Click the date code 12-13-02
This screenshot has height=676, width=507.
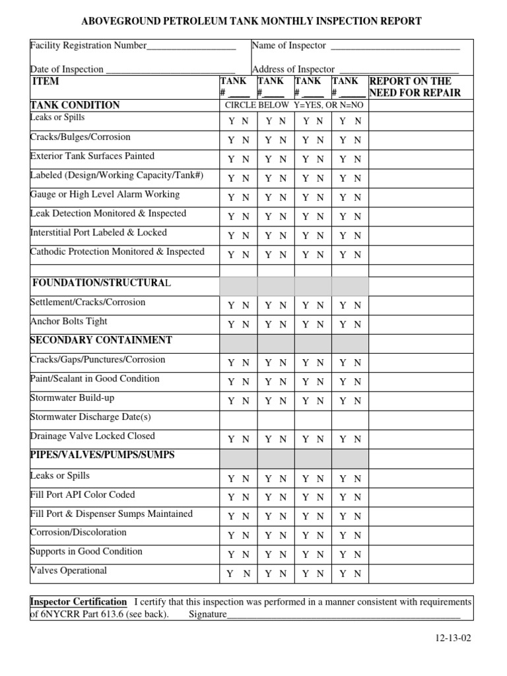click(x=454, y=639)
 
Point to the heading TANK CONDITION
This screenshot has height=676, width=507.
click(x=75, y=105)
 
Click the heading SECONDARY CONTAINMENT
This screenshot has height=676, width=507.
click(x=101, y=340)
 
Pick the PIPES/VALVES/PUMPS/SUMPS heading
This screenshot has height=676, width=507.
click(x=102, y=455)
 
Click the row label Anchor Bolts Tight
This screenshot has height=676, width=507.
click(x=69, y=321)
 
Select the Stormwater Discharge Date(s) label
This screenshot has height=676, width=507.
click(x=90, y=417)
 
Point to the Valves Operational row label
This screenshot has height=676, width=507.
click(x=69, y=570)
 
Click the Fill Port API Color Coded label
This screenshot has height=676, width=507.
click(x=83, y=494)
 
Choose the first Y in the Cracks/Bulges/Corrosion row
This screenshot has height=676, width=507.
click(x=231, y=140)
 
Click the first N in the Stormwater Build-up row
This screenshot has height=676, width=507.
click(x=246, y=401)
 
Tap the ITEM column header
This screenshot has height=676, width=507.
click(x=46, y=81)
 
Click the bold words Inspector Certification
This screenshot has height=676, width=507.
click(x=79, y=602)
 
